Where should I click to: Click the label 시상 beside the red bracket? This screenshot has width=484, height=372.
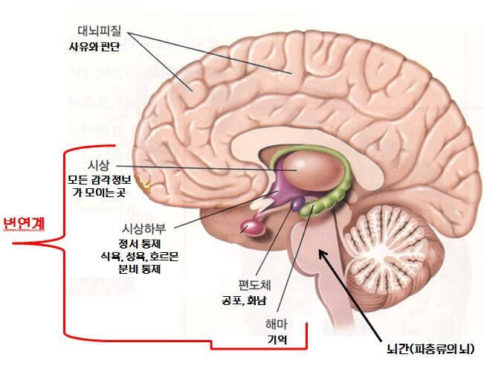tap(99, 165)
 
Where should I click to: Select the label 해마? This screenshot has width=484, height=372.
tap(277, 324)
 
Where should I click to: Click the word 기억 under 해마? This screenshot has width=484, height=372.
tap(277, 340)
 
